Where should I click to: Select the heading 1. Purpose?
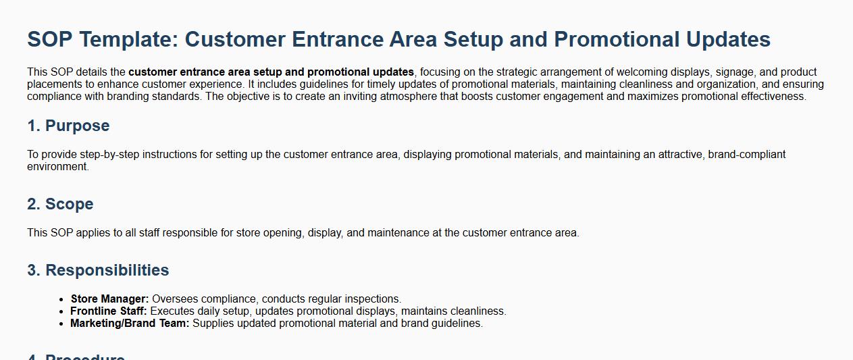pos(68,126)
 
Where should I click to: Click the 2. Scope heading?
pos(60,204)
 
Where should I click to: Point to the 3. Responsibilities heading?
pos(98,270)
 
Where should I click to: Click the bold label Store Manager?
pos(109,299)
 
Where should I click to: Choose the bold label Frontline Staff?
pos(109,311)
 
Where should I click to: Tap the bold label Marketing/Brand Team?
pos(130,323)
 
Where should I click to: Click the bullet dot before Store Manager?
pos(61,299)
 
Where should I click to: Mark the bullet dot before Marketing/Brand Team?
pos(61,324)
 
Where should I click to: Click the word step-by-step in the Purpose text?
pos(109,154)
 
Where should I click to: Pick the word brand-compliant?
pos(747,154)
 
